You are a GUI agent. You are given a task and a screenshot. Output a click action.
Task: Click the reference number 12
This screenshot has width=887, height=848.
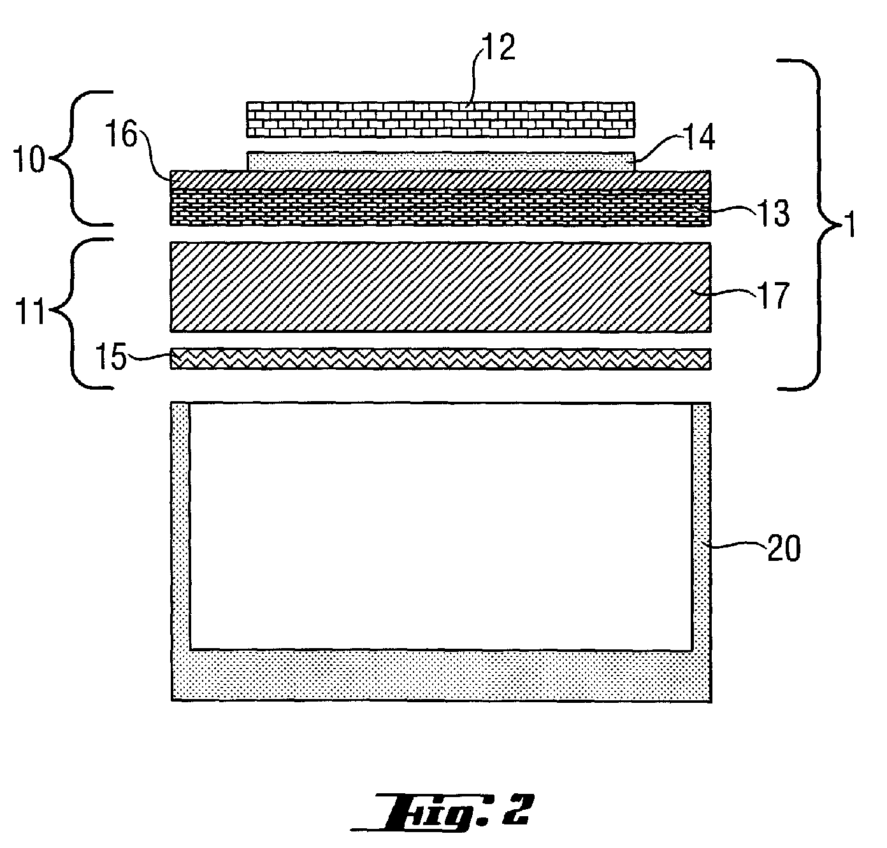click(x=499, y=46)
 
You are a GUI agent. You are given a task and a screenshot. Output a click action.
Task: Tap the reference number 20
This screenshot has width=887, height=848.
click(x=784, y=548)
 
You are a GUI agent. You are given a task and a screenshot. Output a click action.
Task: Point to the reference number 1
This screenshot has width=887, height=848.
click(x=848, y=225)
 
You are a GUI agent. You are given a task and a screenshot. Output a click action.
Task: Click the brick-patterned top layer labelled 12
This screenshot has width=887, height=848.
click(x=440, y=119)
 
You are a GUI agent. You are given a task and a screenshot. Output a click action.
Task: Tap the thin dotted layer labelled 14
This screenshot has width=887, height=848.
click(x=440, y=161)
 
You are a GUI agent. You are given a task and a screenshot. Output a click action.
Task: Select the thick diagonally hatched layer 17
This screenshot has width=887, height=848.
click(x=440, y=287)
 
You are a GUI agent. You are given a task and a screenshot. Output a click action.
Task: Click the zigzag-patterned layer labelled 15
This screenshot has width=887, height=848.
click(x=440, y=359)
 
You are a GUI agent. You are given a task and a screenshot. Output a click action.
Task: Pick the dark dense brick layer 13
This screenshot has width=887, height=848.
click(x=440, y=208)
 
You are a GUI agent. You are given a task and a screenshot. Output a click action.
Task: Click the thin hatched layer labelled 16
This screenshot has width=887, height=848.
click(x=440, y=180)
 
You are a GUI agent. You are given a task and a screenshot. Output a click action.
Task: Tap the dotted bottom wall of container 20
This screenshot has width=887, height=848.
click(x=441, y=675)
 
